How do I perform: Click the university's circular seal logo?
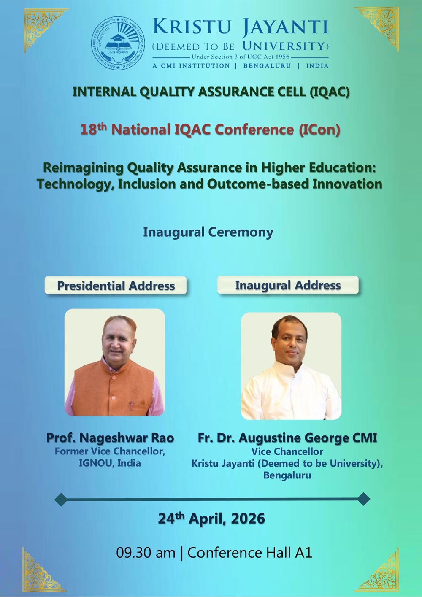[x=118, y=43]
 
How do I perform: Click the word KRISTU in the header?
[x=192, y=27]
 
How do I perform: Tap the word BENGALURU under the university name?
[x=267, y=66]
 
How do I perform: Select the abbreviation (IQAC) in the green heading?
[x=330, y=92]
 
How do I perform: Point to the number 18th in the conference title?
[x=93, y=130]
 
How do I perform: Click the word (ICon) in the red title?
[x=319, y=130]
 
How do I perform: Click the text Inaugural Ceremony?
[x=208, y=232]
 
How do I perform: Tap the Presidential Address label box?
[x=116, y=286]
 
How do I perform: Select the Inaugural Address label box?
[x=288, y=285]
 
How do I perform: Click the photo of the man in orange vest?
[x=114, y=362]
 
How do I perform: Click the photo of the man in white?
[x=291, y=366]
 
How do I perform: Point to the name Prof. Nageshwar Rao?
[x=110, y=438]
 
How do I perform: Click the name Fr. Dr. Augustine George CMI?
[x=287, y=438]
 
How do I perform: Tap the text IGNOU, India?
[x=110, y=463]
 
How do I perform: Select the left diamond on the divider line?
[x=61, y=500]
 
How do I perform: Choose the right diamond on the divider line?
[x=364, y=499]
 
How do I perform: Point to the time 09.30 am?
[x=146, y=553]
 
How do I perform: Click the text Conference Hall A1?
[x=250, y=553]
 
